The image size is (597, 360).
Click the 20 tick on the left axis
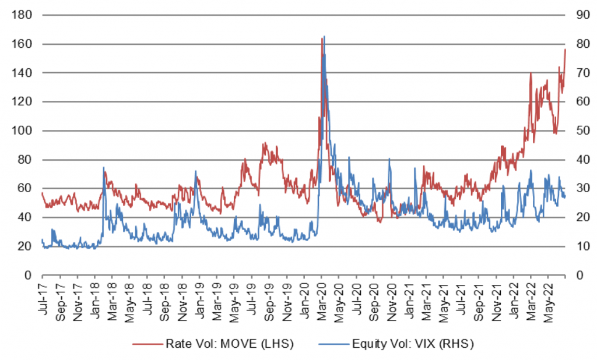pyautogui.click(x=23, y=246)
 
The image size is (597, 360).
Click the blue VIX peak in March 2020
pyautogui.click(x=324, y=37)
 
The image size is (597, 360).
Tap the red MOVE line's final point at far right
pyautogui.click(x=565, y=50)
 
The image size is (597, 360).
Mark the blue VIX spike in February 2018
pyautogui.click(x=104, y=168)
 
